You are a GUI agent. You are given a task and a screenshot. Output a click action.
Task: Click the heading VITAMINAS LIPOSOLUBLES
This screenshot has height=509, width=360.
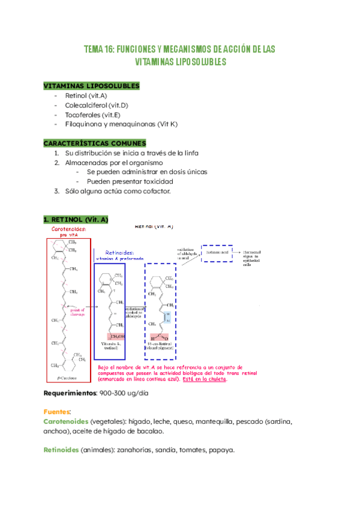coord(91,86)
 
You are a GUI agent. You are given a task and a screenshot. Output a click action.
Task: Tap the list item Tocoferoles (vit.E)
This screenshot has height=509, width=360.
coord(93,115)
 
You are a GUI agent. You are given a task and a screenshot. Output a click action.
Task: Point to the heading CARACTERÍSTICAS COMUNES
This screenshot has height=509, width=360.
coord(94,143)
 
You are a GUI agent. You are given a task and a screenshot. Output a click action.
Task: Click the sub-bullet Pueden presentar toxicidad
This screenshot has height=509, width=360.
coord(130,181)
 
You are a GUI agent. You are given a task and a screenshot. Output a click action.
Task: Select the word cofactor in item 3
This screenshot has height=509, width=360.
coord(155,191)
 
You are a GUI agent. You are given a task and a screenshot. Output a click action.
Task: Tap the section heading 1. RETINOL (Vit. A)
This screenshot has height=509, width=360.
coord(75,220)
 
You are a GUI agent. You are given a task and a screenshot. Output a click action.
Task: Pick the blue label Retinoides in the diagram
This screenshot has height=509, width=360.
coord(119,253)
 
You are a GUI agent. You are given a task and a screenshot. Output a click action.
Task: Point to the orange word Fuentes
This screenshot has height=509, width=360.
coord(57,412)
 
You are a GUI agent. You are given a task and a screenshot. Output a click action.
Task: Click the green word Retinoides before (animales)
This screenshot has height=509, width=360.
coord(61,450)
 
